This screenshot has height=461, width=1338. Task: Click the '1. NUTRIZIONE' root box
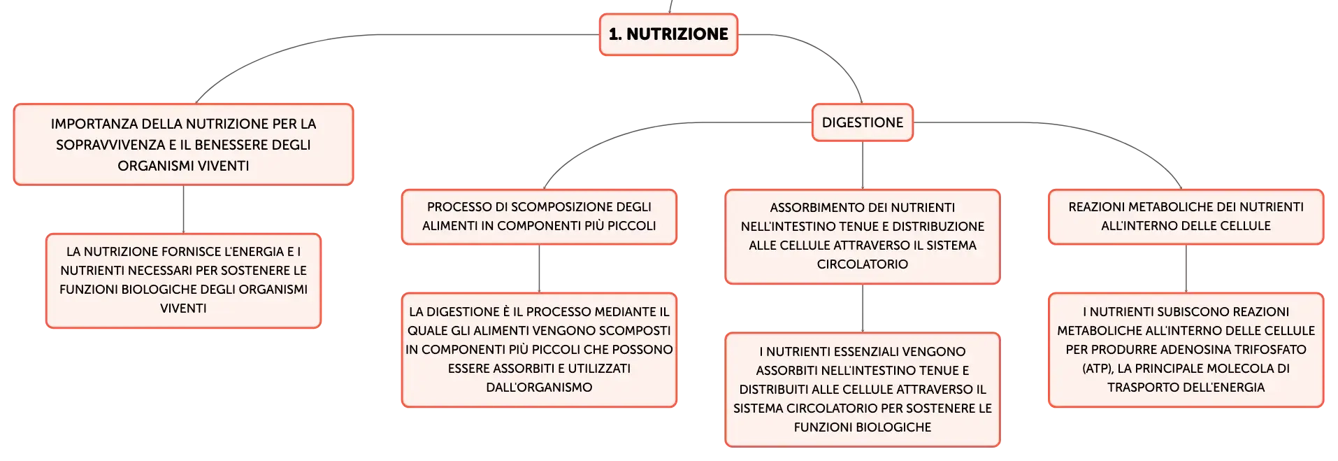(x=668, y=34)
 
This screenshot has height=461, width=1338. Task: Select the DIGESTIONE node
(x=863, y=122)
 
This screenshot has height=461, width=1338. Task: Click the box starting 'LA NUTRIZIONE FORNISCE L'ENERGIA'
(x=183, y=281)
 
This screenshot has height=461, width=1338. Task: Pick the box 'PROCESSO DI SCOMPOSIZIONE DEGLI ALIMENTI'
(x=539, y=217)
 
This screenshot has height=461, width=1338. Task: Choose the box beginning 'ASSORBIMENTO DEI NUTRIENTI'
(x=863, y=236)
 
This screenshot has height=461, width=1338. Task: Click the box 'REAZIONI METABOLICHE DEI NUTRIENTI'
(x=1186, y=217)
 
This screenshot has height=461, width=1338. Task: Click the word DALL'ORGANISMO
(x=539, y=387)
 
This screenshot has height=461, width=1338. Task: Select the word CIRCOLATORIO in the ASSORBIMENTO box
(x=863, y=264)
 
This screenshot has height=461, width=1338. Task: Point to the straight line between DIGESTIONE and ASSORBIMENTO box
(x=863, y=165)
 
